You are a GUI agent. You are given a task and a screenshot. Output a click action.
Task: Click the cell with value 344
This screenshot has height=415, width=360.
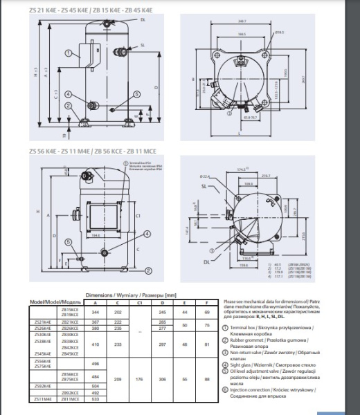[96, 313]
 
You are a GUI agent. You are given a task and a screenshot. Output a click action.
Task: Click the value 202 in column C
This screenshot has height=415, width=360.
[117, 313]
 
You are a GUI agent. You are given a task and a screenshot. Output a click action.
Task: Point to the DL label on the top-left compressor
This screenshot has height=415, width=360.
[142, 21]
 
